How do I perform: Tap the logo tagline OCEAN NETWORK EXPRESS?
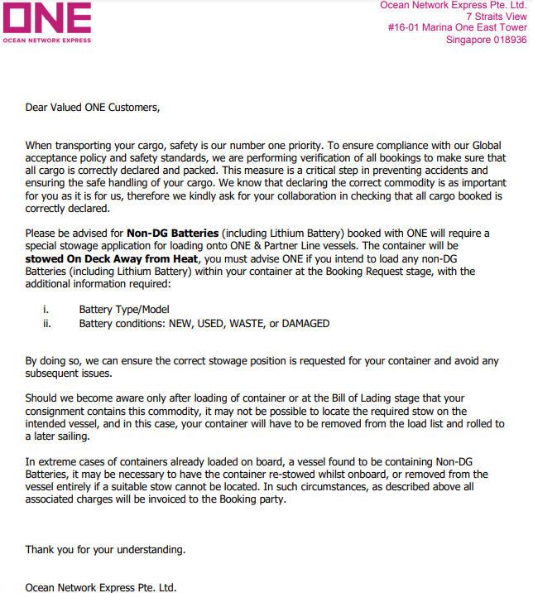47,39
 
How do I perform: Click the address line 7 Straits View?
496,16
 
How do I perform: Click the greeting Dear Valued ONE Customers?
92,106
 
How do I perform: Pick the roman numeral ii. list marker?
47,323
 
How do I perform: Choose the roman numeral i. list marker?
46,310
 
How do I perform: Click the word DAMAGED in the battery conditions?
305,323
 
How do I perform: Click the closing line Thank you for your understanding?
105,549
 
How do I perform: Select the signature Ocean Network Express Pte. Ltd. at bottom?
100,587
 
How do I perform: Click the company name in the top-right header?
453,5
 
